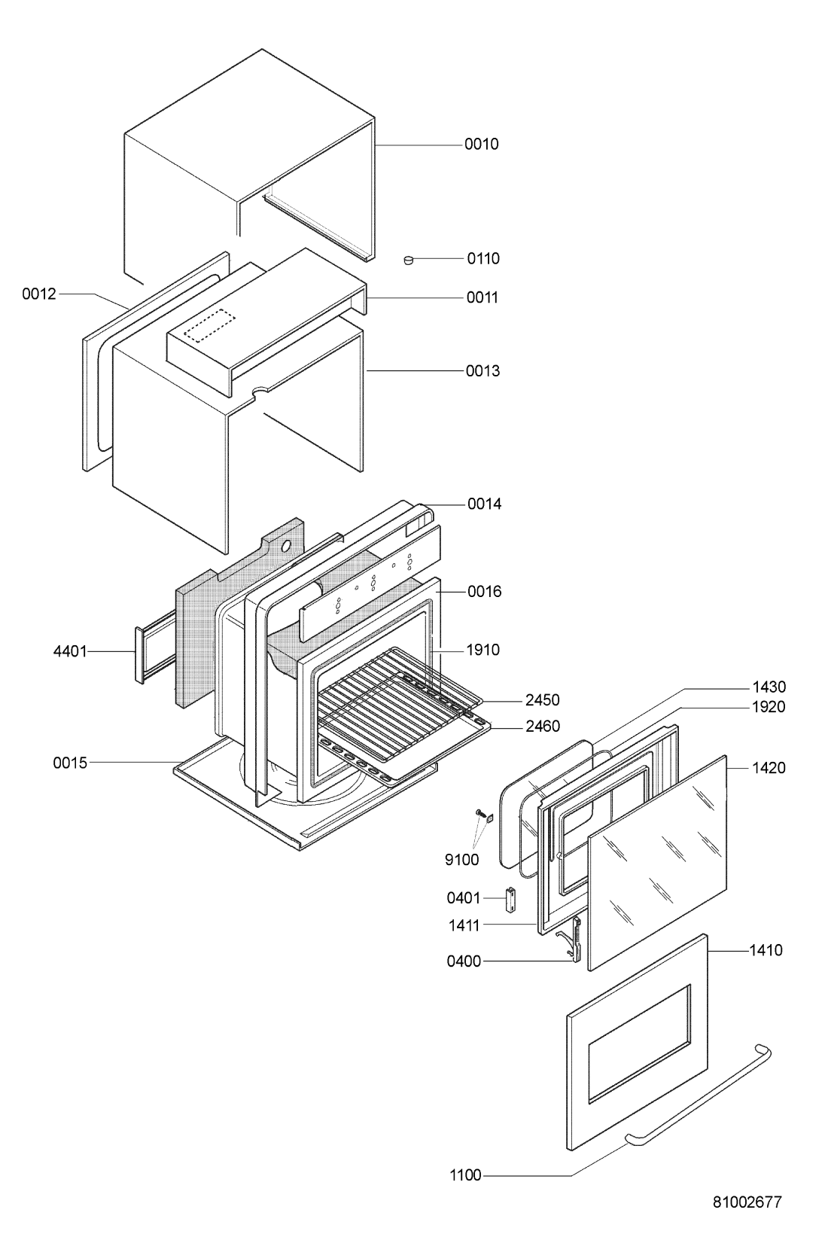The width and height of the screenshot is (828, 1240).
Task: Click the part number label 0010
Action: [x=481, y=144]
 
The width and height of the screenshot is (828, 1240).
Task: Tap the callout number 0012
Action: [x=38, y=294]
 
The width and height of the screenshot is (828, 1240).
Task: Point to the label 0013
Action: [x=482, y=370]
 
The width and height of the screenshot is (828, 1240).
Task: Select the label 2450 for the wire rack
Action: [x=542, y=700]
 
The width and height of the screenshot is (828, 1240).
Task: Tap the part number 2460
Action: [x=542, y=727]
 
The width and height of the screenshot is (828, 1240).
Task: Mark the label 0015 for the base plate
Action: [x=71, y=763]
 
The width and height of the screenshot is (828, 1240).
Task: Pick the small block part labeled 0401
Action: [x=510, y=897]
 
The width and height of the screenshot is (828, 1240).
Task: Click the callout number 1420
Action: [x=768, y=768]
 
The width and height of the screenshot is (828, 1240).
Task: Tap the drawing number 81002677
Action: [x=747, y=1202]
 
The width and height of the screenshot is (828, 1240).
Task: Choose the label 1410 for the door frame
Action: [x=766, y=951]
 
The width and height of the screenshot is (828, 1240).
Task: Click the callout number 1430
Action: [x=768, y=687]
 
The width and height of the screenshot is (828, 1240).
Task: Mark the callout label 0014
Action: [x=484, y=504]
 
